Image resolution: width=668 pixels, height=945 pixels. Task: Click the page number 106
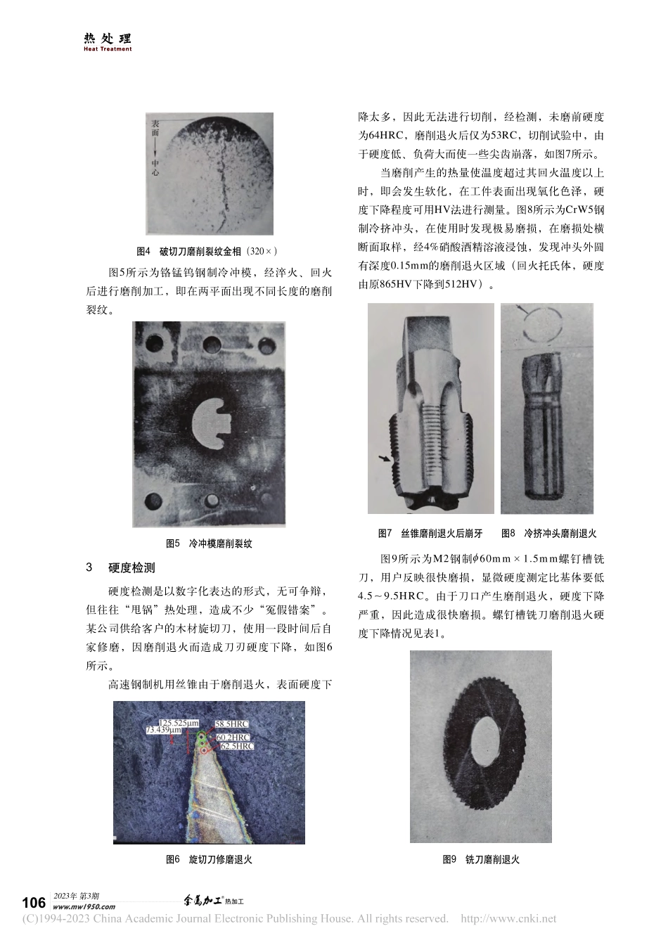(x=34, y=903)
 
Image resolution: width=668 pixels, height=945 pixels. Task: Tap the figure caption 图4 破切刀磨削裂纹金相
(x=207, y=251)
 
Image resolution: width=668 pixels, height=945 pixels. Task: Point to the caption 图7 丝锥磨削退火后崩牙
(x=430, y=534)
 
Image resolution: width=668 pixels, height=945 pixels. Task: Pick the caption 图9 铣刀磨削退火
(x=481, y=859)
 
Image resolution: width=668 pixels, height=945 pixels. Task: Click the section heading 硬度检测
(x=131, y=568)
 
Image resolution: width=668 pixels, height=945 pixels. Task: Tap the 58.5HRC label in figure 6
(x=231, y=724)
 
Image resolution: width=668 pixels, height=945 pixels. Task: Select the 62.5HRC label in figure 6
(x=236, y=746)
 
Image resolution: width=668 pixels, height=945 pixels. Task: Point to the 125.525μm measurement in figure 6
(x=180, y=723)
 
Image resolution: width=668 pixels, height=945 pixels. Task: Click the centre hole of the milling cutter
(x=480, y=747)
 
